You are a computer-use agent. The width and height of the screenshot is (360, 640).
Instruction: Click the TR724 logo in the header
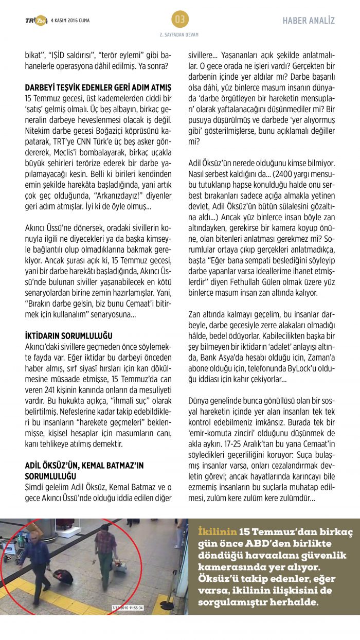click(x=35, y=20)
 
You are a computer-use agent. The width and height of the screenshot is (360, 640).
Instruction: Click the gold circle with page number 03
click(x=179, y=20)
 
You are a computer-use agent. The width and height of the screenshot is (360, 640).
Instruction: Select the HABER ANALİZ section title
click(x=309, y=21)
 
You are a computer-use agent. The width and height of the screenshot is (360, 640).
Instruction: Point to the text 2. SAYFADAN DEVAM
click(x=179, y=35)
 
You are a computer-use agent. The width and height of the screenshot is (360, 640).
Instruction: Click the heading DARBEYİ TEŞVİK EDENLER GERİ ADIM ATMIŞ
click(x=98, y=88)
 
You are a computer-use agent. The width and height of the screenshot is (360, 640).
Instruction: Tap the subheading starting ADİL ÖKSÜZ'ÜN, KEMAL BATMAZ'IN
click(x=84, y=465)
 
